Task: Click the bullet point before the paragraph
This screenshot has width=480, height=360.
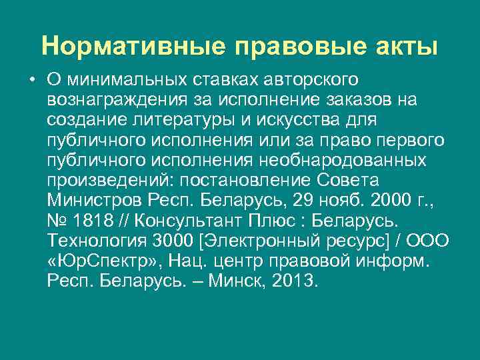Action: pyautogui.click(x=31, y=80)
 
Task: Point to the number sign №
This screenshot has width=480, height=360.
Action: pyautogui.click(x=57, y=221)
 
